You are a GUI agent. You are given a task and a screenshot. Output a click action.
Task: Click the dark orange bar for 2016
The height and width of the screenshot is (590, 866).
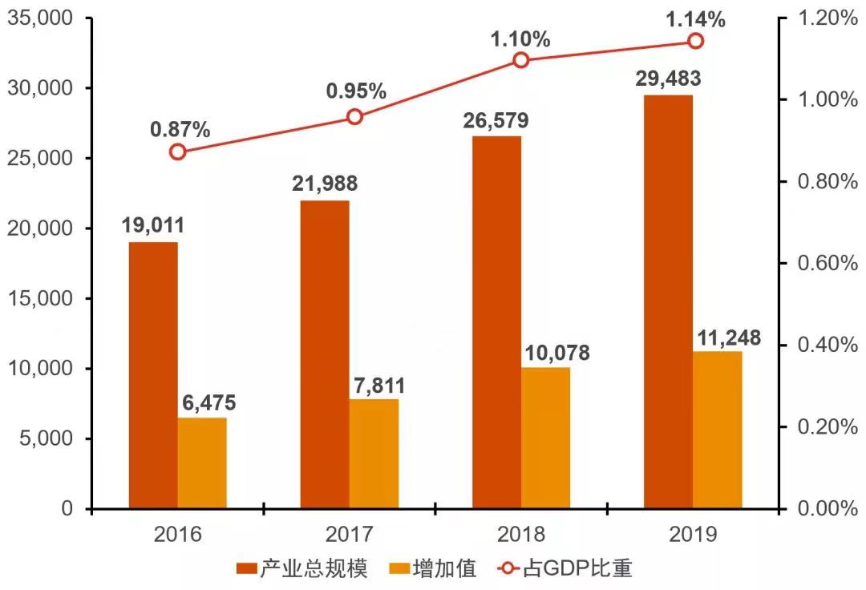pyautogui.click(x=153, y=374)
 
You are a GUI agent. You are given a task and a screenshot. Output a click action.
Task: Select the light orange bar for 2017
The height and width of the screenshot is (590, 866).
pyautogui.click(x=374, y=453)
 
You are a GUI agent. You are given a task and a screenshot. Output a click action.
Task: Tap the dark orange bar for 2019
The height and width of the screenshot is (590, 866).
pyautogui.click(x=668, y=301)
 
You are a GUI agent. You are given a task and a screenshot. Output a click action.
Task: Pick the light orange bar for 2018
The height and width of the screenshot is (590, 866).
pyautogui.click(x=546, y=438)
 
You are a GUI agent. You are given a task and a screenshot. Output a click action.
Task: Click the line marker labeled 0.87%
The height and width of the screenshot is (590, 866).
pyautogui.click(x=177, y=152)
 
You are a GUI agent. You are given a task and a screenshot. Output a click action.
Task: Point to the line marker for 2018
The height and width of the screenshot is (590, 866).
pyautogui.click(x=521, y=60)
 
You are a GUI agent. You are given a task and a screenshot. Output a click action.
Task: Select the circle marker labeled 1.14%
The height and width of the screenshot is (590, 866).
pyautogui.click(x=695, y=41)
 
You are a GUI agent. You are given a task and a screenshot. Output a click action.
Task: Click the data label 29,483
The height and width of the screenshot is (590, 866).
pyautogui.click(x=668, y=79)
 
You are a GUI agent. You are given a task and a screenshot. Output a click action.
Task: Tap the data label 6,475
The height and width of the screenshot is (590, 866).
pyautogui.click(x=208, y=403)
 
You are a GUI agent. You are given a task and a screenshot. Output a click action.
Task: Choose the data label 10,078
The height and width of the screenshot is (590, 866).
pyautogui.click(x=556, y=353)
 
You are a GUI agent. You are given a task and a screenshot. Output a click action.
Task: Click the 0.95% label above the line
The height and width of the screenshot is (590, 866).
pyautogui.click(x=356, y=91)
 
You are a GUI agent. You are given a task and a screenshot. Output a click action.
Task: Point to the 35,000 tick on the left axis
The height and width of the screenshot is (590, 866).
pyautogui.click(x=40, y=18)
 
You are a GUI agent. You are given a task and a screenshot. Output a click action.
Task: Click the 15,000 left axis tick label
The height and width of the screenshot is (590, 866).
pyautogui.click(x=40, y=298)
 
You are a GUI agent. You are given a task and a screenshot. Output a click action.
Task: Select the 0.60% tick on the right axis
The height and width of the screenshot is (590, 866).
pyautogui.click(x=828, y=263)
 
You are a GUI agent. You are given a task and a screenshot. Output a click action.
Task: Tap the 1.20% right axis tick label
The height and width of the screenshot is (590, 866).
pyautogui.click(x=828, y=18)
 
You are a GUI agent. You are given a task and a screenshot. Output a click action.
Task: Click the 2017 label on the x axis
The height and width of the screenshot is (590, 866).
pyautogui.click(x=349, y=535)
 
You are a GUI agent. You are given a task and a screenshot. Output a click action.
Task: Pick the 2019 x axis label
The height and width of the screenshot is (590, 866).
pyautogui.click(x=693, y=535)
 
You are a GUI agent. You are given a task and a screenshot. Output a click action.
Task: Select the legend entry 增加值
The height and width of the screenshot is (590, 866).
pyautogui.click(x=432, y=568)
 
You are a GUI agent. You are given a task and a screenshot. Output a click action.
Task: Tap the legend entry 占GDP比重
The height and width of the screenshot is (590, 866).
pyautogui.click(x=565, y=568)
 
